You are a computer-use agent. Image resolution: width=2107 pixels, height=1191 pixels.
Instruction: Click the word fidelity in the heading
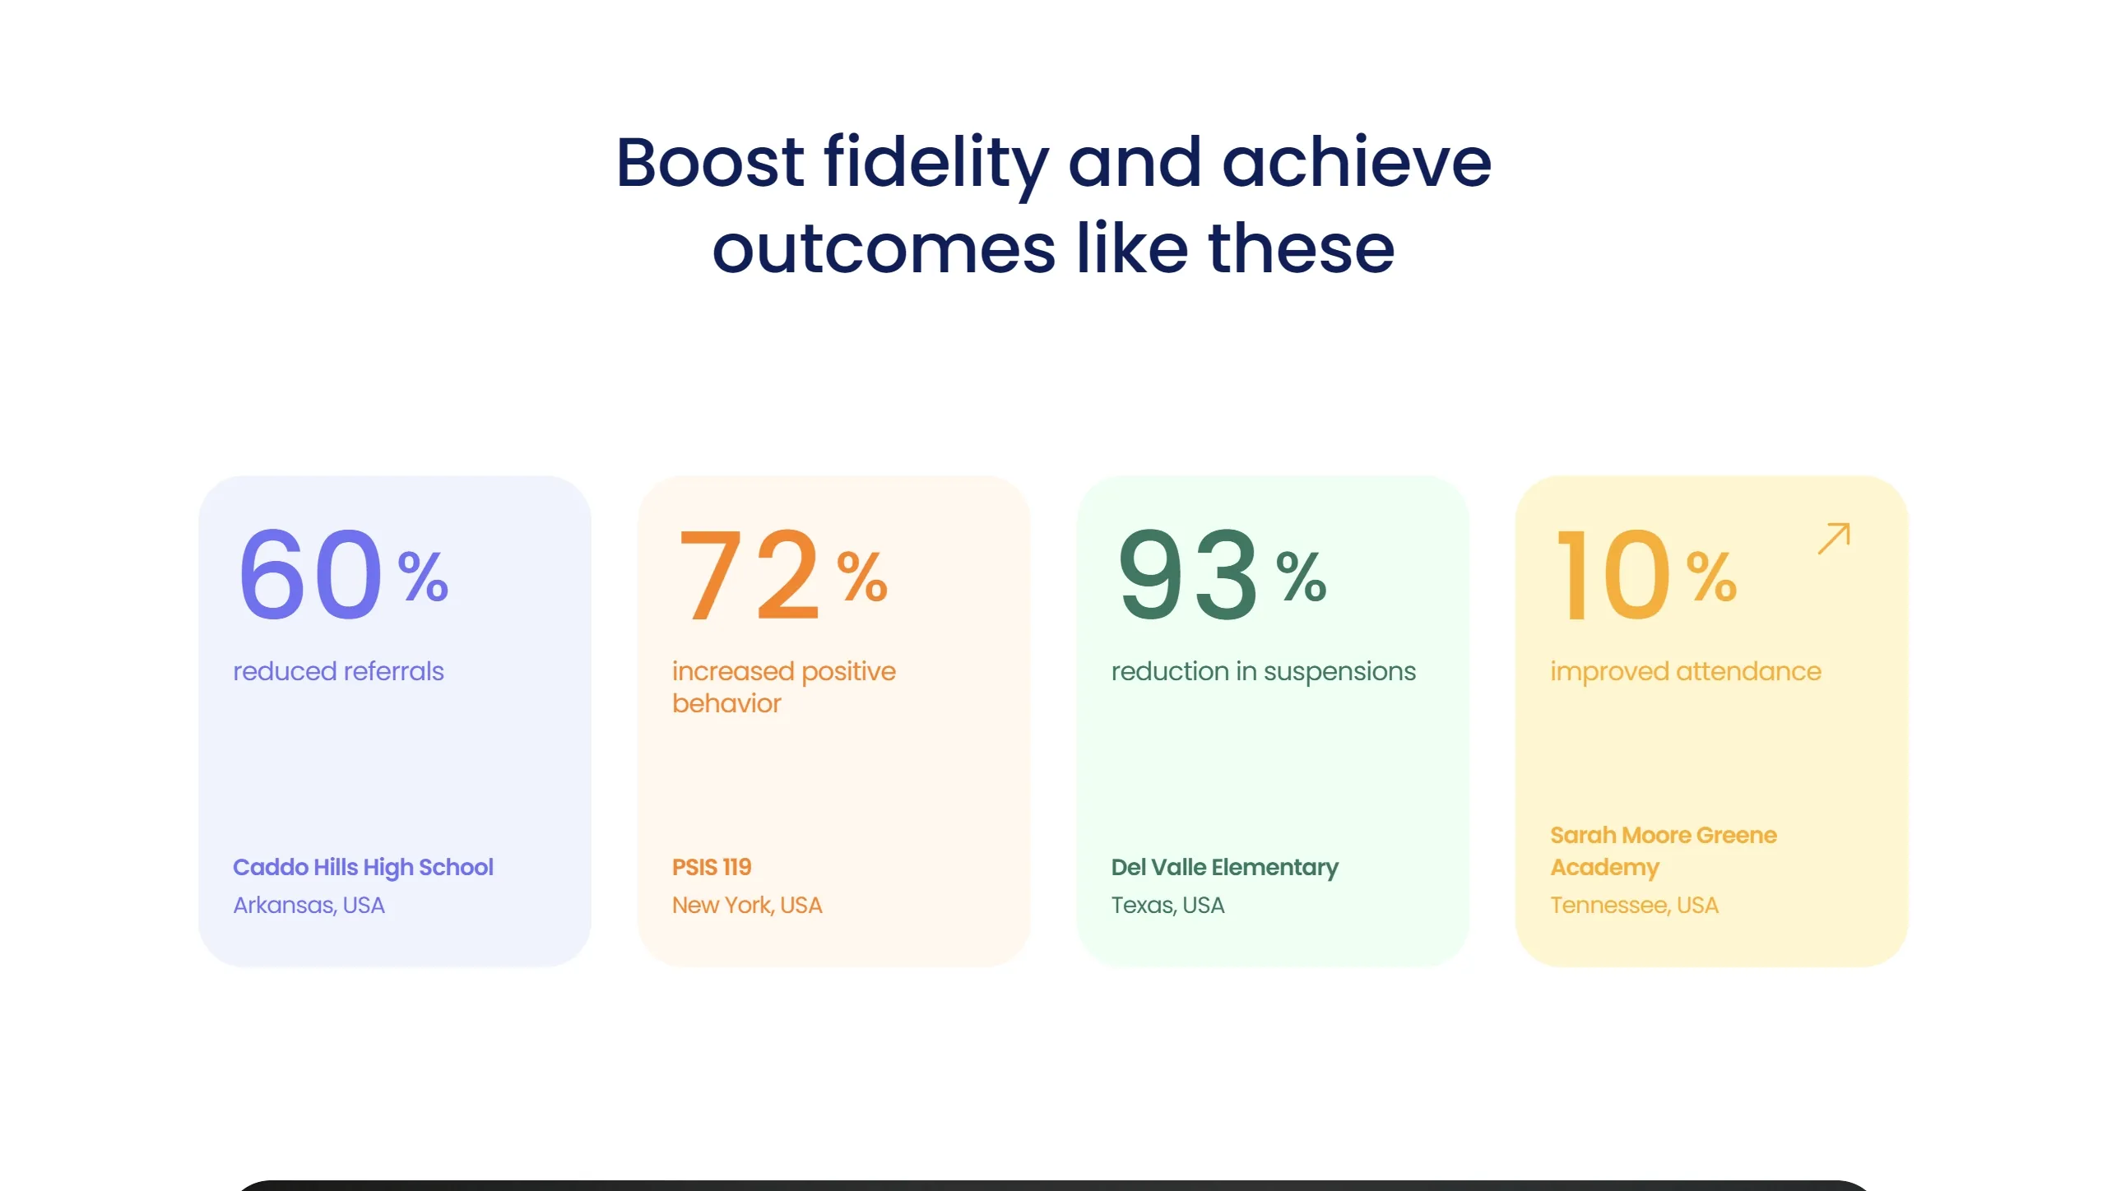click(x=936, y=165)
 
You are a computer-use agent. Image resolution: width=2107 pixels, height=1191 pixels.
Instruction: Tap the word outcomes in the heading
click(x=884, y=248)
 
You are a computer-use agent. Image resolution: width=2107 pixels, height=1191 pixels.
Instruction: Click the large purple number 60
click(x=310, y=573)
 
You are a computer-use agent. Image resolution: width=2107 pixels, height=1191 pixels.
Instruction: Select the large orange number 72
click(x=749, y=573)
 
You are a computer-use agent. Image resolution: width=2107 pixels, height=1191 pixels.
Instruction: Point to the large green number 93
click(x=1188, y=573)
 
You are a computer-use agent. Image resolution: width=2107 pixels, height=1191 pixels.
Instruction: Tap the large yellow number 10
click(x=1613, y=573)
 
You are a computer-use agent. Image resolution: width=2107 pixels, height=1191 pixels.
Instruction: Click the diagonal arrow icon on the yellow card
click(x=1834, y=538)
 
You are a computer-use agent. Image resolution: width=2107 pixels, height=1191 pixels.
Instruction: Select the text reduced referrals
click(x=338, y=671)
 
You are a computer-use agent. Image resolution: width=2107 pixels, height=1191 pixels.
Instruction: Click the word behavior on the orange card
click(x=726, y=703)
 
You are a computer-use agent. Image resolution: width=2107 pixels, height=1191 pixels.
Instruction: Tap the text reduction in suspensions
click(x=1264, y=672)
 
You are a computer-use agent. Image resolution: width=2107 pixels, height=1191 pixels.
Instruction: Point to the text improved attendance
click(x=1686, y=672)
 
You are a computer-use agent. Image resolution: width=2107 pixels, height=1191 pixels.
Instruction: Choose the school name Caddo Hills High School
click(x=363, y=868)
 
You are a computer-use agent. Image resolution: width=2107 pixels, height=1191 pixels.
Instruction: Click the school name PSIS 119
click(x=712, y=867)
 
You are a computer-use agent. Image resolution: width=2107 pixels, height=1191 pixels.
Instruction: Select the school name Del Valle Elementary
click(x=1225, y=868)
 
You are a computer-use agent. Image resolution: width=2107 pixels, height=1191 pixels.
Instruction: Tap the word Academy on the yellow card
click(x=1605, y=868)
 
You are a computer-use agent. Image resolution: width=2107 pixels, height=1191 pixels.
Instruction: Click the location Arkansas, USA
click(x=309, y=905)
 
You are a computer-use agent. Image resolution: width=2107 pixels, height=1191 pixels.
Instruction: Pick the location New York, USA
click(x=747, y=905)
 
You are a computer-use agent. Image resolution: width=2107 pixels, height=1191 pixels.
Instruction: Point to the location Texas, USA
click(x=1167, y=905)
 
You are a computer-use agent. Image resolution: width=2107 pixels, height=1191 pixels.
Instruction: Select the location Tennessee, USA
click(x=1634, y=905)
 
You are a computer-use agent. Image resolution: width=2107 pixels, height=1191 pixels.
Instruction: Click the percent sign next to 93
click(x=1302, y=577)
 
